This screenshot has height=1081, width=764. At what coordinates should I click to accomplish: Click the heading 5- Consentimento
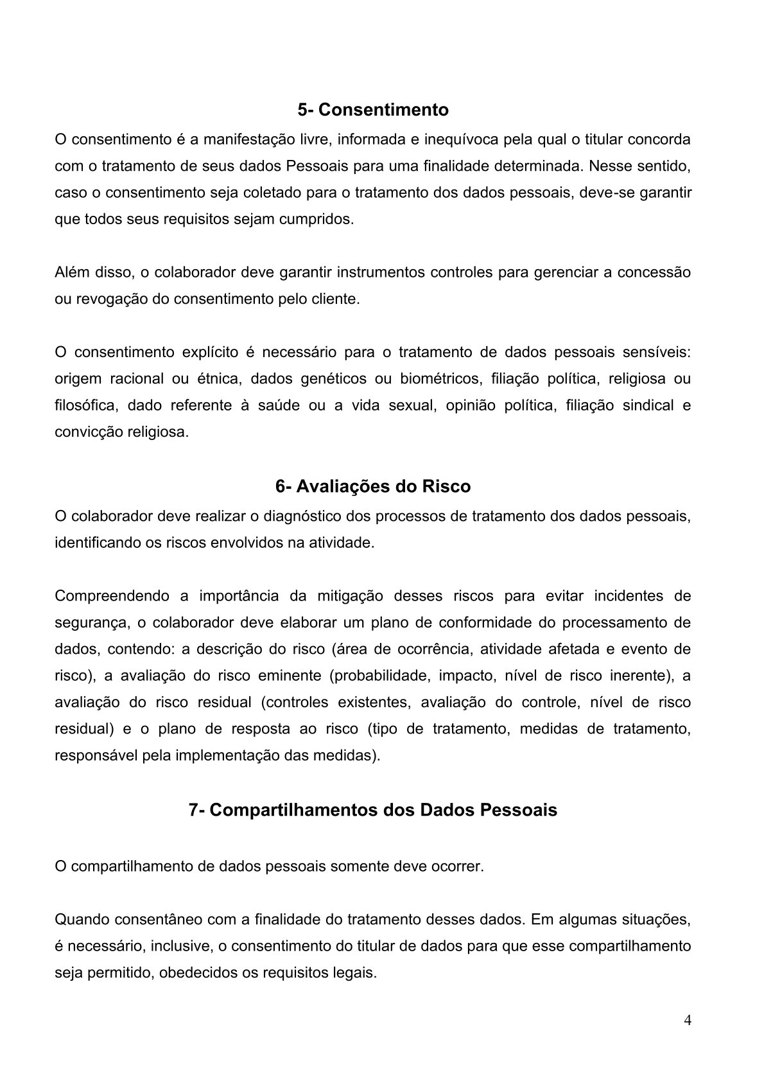(x=373, y=110)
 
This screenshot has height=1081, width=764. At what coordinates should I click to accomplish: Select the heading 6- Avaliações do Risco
(x=373, y=486)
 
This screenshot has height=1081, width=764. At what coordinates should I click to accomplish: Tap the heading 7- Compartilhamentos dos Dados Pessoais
(x=373, y=810)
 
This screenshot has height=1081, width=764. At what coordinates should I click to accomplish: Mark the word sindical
(x=641, y=405)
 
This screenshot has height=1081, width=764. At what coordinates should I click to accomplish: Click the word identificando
(x=95, y=543)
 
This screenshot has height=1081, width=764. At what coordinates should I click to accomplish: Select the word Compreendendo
(x=112, y=595)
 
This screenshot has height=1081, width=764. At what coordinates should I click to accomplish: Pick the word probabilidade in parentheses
(x=384, y=675)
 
